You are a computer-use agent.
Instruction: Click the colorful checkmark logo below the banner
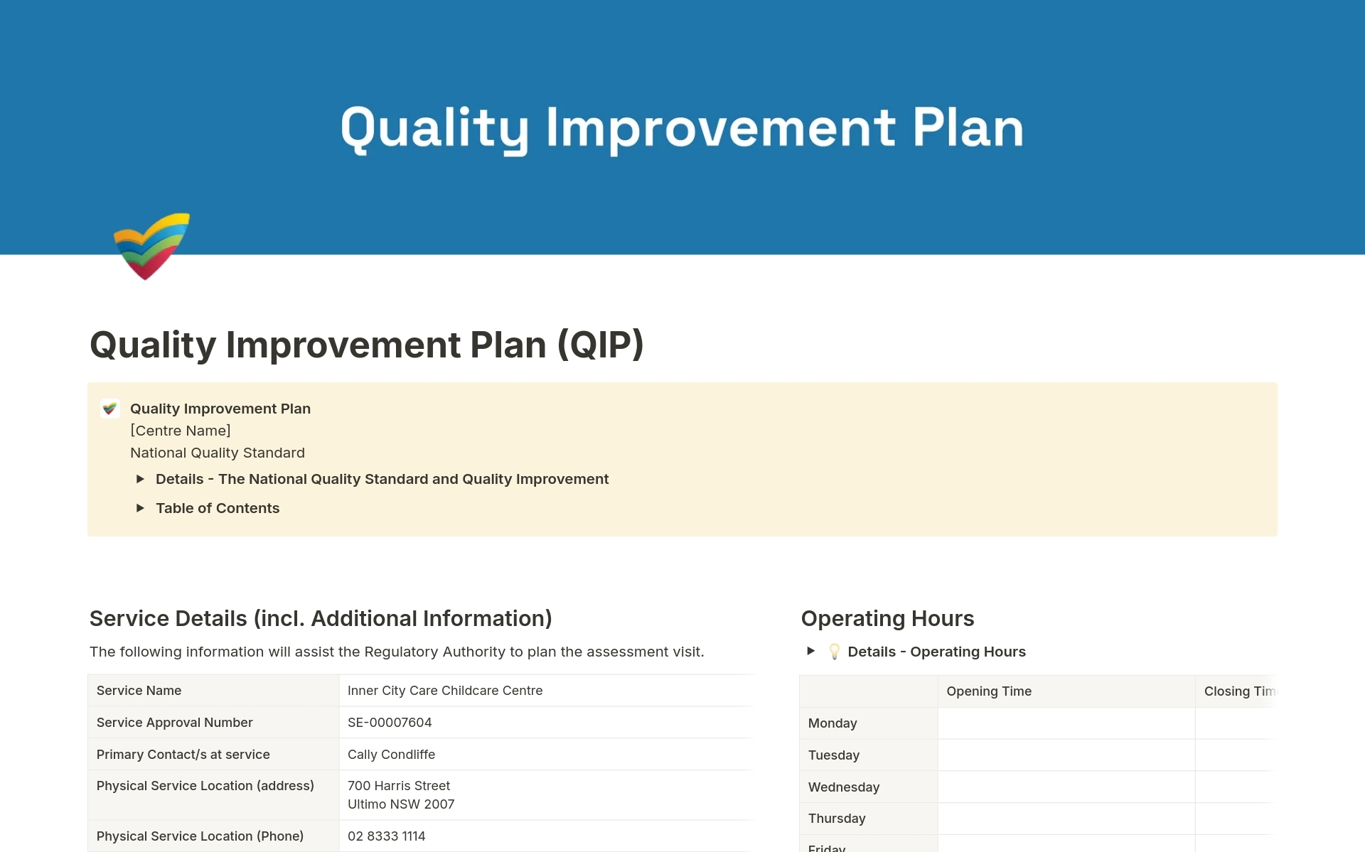click(x=151, y=246)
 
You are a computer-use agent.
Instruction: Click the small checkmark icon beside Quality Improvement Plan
click(x=109, y=409)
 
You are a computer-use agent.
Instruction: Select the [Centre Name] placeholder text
click(x=181, y=431)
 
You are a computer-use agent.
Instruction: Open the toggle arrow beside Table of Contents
click(x=140, y=508)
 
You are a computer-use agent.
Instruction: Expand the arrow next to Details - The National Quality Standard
click(x=140, y=479)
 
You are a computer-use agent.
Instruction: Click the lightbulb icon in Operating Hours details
click(x=835, y=652)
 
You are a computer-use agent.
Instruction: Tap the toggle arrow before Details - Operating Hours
click(x=810, y=651)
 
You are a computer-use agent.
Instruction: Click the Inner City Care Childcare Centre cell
click(x=445, y=691)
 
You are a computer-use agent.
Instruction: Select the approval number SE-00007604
click(x=390, y=723)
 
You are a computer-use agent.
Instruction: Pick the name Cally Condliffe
click(x=391, y=755)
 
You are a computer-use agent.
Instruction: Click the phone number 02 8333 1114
click(x=386, y=836)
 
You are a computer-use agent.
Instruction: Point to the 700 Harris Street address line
click(x=399, y=786)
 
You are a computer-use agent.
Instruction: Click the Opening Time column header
click(x=989, y=691)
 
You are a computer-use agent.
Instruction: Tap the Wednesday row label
click(x=844, y=787)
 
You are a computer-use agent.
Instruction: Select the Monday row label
click(x=833, y=723)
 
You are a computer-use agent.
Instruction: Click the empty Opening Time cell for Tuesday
click(x=1066, y=755)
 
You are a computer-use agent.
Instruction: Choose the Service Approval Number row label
click(x=175, y=723)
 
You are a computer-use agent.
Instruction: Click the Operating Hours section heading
click(x=887, y=618)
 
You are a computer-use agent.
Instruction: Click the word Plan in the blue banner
click(x=968, y=128)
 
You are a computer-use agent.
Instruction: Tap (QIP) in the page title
click(x=601, y=345)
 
